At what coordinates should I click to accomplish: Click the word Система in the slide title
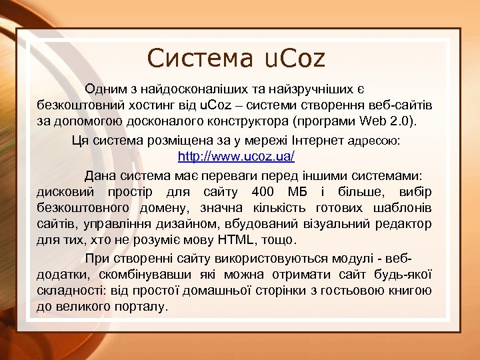point(197,59)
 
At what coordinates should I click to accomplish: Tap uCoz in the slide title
point(291,59)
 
